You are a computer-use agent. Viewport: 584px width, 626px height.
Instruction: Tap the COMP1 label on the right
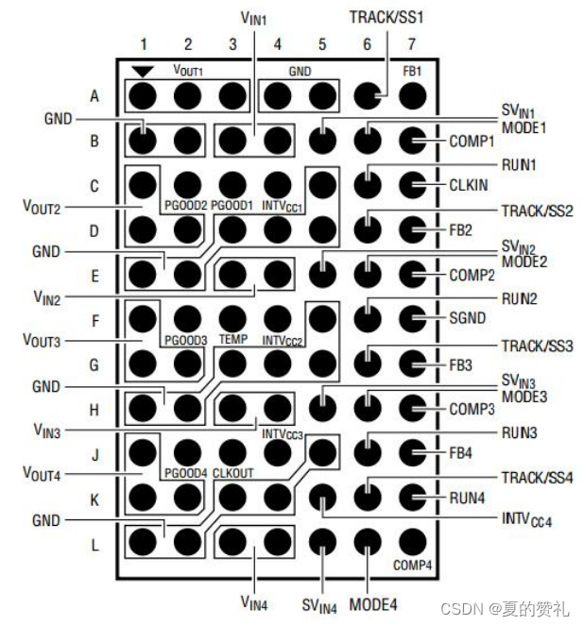tap(471, 142)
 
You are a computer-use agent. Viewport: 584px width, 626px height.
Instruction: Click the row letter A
tap(94, 95)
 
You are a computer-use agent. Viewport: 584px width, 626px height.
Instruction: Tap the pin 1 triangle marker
tap(144, 71)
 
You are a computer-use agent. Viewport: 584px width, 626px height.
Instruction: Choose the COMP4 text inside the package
tap(412, 566)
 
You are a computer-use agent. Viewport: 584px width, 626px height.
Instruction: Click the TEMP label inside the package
tap(232, 337)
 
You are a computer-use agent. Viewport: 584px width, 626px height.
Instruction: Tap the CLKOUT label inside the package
tap(234, 472)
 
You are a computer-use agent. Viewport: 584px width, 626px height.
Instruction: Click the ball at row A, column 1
tap(144, 95)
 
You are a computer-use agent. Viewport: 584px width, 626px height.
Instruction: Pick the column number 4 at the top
tap(277, 44)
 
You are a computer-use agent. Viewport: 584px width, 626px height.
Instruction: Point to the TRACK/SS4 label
tap(535, 477)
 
